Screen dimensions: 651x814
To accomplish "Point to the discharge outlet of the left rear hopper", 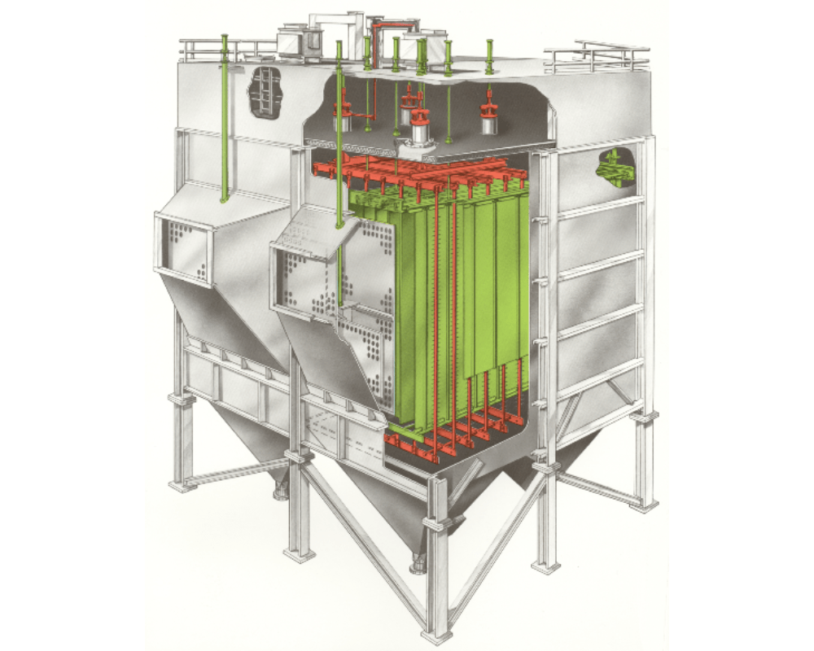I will coord(282,489).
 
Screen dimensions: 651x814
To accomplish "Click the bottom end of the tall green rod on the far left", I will coord(223,198).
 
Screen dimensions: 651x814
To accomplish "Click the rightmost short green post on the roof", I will coord(489,57).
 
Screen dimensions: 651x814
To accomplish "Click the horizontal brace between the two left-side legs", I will coord(236,471).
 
